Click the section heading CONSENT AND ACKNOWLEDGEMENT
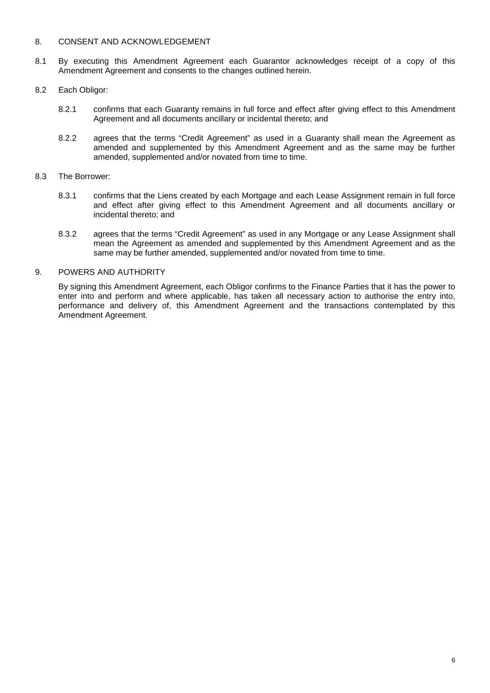[x=134, y=42]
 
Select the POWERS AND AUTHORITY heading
[x=112, y=272]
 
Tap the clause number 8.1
[x=41, y=61]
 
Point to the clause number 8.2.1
[x=67, y=109]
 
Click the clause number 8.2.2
[x=67, y=138]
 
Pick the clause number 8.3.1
[x=67, y=195]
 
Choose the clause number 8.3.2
[x=67, y=234]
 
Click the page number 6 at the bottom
[x=453, y=660]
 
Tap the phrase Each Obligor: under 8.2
[x=83, y=90]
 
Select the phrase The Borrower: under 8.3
[x=84, y=176]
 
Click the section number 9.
[x=38, y=272]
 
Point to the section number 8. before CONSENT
[x=38, y=42]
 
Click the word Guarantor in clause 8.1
[x=271, y=61]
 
